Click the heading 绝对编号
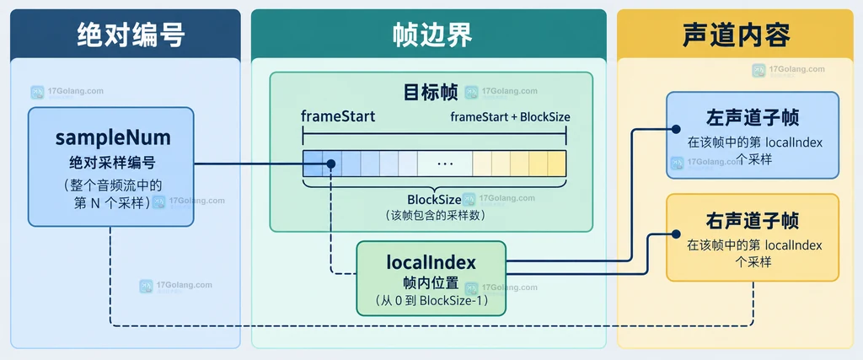[131, 35]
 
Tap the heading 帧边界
[432, 35]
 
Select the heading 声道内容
[736, 35]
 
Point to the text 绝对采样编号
[112, 163]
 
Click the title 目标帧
[431, 93]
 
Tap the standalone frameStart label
[338, 116]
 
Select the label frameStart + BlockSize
[510, 116]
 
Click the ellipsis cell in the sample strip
[444, 164]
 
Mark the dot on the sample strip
[330, 164]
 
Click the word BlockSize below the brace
[434, 199]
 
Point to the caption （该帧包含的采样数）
[435, 216]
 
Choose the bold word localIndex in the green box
[431, 262]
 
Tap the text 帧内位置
[431, 283]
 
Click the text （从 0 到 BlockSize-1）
[431, 301]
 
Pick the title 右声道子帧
[753, 221]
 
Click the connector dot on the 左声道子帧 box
[676, 129]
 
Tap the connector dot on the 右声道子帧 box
[676, 233]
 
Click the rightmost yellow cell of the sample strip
[557, 164]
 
